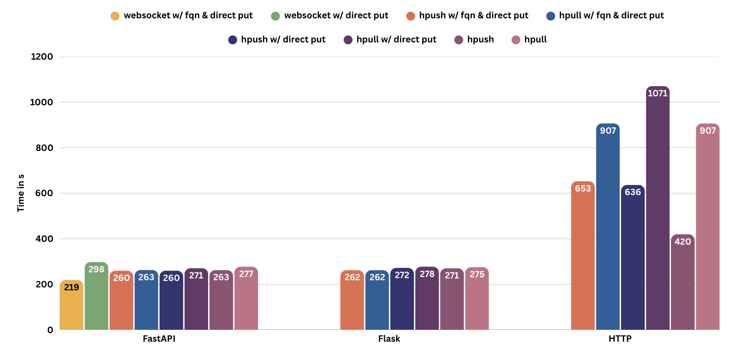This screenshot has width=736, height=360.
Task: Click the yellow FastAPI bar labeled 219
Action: [72, 305]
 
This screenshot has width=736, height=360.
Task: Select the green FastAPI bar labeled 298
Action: [96, 296]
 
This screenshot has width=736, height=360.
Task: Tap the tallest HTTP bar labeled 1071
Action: [658, 208]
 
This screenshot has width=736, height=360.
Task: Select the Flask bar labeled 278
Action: [427, 299]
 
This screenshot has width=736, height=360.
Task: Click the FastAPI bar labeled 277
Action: [246, 299]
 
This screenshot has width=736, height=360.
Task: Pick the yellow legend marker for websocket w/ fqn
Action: [115, 16]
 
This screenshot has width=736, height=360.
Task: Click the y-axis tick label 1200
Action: [42, 57]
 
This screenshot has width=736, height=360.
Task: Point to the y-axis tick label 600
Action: [44, 193]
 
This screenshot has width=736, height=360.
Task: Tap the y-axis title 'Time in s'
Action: [21, 193]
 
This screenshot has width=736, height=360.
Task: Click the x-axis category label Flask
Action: [389, 339]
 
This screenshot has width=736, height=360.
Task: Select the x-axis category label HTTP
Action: [620, 339]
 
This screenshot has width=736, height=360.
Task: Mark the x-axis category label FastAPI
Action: [159, 339]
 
